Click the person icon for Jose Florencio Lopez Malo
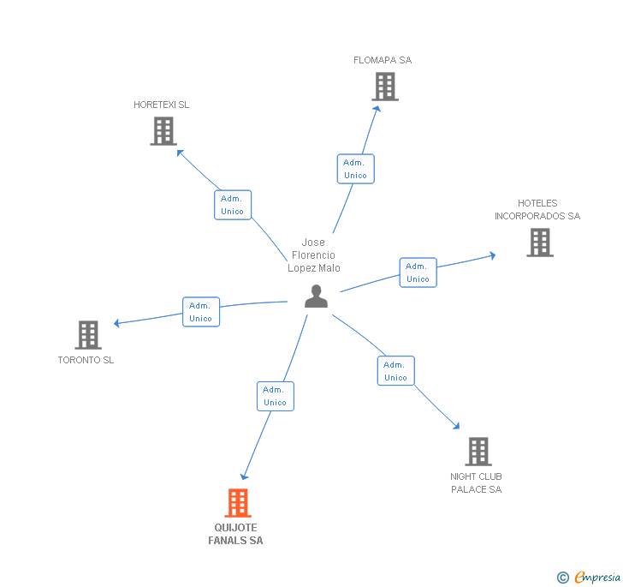point(316,296)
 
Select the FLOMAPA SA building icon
point(385,87)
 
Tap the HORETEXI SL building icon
point(163,131)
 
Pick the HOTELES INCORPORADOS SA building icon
point(539,243)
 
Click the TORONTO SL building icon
point(88,335)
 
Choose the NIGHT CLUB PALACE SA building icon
point(478,451)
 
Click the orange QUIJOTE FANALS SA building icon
point(237,502)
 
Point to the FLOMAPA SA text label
point(383,60)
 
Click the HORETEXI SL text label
point(161,105)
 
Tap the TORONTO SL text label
point(86,360)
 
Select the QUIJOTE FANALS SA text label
point(235,534)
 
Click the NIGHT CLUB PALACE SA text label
point(476,482)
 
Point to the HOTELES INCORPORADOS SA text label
point(537,210)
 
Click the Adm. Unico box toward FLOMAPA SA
point(355,169)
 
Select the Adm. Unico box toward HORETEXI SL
point(232,205)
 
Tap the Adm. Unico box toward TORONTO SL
point(201,312)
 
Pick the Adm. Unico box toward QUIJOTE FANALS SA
point(275,396)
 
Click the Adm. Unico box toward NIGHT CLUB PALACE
point(395,371)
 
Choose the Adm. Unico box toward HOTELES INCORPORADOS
point(418,273)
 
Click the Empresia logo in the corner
point(590,578)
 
